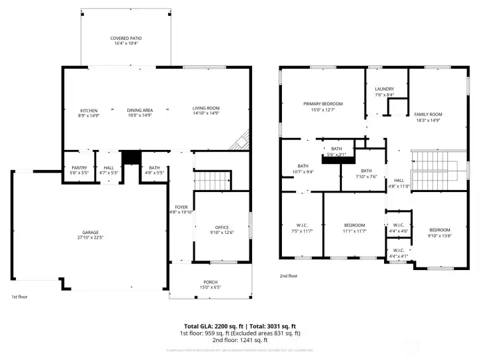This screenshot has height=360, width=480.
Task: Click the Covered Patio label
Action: click(x=126, y=39)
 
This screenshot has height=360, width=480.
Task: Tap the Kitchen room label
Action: click(x=89, y=110)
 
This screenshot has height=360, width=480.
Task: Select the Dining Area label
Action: click(x=140, y=110)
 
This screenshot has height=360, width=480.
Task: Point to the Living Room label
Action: click(x=206, y=108)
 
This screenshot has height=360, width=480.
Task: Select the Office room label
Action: click(x=222, y=227)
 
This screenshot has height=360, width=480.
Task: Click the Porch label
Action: click(x=211, y=282)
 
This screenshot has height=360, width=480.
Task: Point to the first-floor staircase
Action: click(x=212, y=180)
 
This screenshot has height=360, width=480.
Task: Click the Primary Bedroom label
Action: click(x=323, y=104)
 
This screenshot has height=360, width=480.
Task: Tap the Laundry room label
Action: click(x=384, y=89)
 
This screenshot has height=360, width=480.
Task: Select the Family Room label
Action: click(x=428, y=115)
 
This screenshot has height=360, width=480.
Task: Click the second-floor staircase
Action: click(x=433, y=170)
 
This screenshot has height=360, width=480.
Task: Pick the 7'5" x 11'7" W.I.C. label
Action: click(x=303, y=225)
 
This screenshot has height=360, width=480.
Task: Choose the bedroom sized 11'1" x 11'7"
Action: click(x=355, y=225)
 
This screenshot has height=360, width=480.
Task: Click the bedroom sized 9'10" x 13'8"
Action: click(x=439, y=229)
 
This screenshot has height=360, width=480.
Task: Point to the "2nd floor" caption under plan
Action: click(x=288, y=275)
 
